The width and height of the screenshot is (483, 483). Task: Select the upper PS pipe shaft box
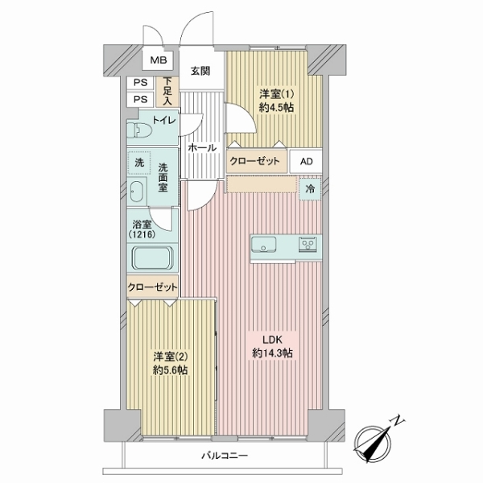[x=140, y=82]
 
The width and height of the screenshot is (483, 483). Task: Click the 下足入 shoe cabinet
[x=167, y=90]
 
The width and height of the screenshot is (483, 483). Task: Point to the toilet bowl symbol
[x=142, y=130]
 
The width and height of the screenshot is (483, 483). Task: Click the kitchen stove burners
[x=308, y=244]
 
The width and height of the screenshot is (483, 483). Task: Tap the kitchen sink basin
[x=267, y=244]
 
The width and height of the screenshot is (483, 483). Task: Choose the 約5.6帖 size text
[x=171, y=370]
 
